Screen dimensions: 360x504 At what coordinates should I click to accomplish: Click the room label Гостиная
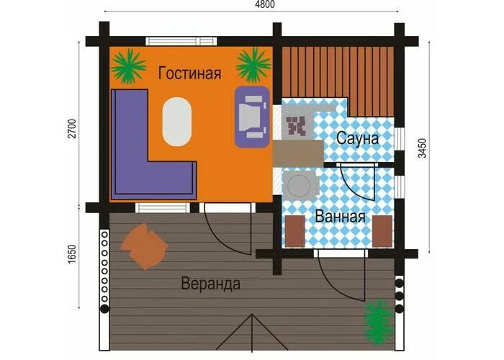click(x=189, y=73)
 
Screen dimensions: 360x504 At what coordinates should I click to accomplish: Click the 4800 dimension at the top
click(x=264, y=5)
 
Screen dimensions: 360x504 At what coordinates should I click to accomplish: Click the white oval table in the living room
click(x=176, y=122)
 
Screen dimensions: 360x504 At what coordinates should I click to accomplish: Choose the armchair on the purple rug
click(x=251, y=115)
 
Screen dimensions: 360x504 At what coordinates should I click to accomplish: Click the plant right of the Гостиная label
click(x=253, y=66)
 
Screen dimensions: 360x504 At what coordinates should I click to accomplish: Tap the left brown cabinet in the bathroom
click(x=295, y=230)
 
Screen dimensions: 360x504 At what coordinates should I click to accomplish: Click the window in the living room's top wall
click(x=180, y=41)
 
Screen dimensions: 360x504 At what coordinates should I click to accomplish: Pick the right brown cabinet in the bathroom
click(x=383, y=230)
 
